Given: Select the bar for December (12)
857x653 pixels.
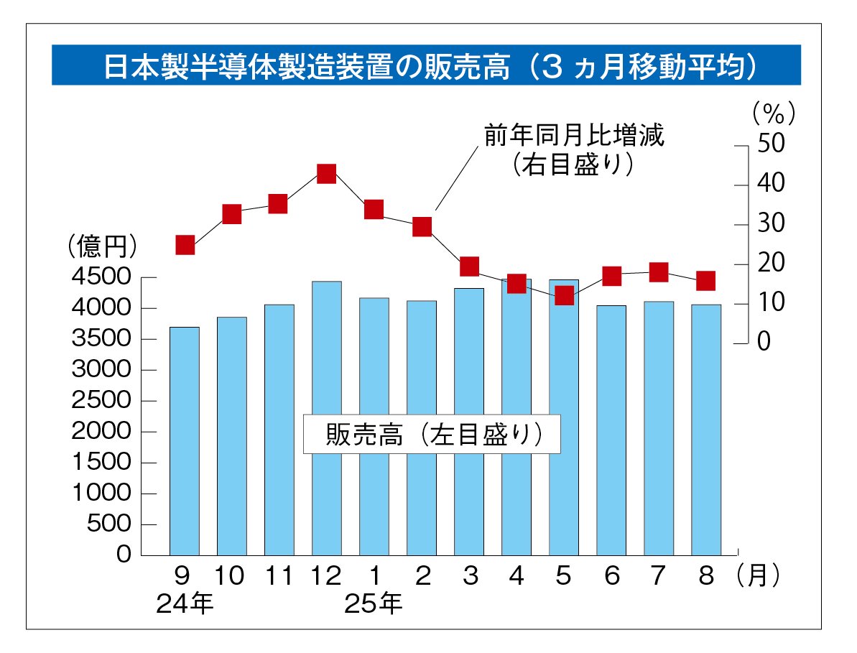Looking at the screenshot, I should coord(327,417).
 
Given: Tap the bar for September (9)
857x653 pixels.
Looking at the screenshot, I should coord(185,440).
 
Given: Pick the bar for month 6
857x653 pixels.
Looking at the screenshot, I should coord(611,430).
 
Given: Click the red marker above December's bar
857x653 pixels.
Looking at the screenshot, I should coord(327,174).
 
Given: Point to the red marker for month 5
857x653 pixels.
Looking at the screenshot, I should coord(564,295).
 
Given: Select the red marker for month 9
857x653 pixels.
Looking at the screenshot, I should coord(185,245).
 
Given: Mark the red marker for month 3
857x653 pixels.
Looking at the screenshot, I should coord(469,267).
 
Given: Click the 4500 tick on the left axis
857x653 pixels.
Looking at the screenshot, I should coord(101,278).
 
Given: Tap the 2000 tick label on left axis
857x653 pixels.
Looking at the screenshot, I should coord(101,432).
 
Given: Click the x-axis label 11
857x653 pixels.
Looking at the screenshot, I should coord(279,577).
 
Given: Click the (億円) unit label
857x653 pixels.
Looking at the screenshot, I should coord(101,247).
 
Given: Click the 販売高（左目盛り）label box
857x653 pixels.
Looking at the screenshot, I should coord(432,433).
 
